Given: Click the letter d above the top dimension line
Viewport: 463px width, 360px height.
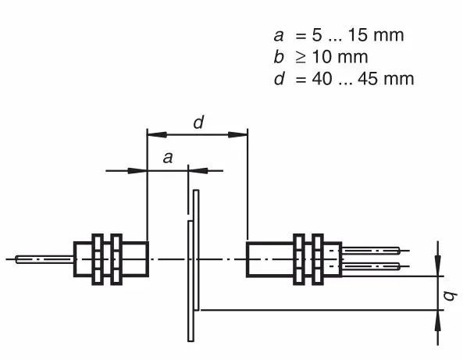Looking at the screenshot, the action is click(x=198, y=123).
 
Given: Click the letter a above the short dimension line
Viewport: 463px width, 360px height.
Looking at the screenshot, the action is click(x=168, y=158).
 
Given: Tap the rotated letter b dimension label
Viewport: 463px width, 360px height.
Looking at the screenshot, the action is click(x=451, y=296).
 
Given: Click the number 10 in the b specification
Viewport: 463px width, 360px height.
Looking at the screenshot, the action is click(x=322, y=57).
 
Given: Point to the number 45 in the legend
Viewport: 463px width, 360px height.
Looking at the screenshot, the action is click(x=368, y=79).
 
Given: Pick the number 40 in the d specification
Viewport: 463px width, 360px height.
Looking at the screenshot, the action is click(x=322, y=79).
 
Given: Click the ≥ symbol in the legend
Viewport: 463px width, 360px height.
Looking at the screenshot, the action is click(x=301, y=57).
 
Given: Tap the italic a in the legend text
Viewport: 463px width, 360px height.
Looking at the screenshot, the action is click(x=279, y=36).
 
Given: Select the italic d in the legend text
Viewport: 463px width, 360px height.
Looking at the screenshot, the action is click(x=280, y=79).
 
